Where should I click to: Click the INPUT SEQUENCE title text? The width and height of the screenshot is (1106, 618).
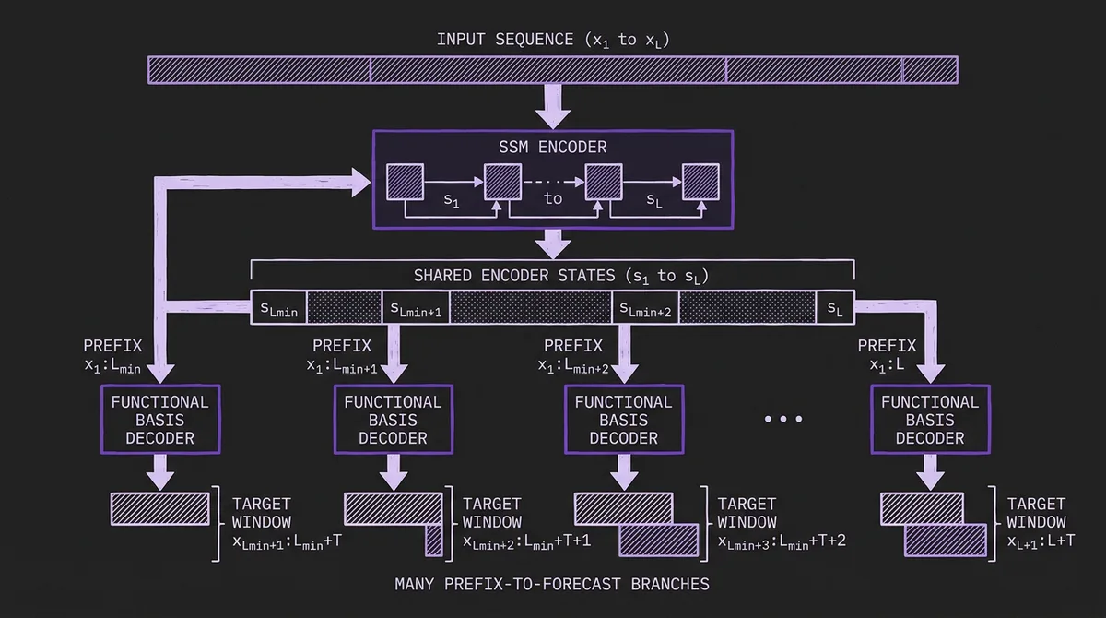(553, 40)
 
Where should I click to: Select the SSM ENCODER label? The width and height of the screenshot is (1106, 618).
(553, 147)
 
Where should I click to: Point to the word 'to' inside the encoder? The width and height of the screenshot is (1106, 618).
(552, 198)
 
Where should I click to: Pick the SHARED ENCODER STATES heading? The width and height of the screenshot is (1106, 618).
(553, 276)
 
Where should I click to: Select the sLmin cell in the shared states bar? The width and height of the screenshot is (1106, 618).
(278, 310)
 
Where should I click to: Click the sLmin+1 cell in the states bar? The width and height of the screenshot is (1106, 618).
(416, 310)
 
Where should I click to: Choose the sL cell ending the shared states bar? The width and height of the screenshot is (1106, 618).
(835, 310)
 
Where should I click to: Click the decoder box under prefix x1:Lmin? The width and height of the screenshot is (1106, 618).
(160, 420)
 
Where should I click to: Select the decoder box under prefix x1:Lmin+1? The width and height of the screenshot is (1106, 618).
(393, 420)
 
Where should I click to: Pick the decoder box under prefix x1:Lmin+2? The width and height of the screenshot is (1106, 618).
(624, 420)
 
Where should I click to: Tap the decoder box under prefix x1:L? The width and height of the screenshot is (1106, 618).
(930, 420)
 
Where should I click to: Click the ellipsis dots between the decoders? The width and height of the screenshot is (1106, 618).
(783, 420)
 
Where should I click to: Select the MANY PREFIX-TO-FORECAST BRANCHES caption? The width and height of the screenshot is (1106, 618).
(553, 584)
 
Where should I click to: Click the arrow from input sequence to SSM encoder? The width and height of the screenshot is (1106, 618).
(553, 105)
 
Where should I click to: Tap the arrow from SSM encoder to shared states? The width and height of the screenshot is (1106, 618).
(553, 243)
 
